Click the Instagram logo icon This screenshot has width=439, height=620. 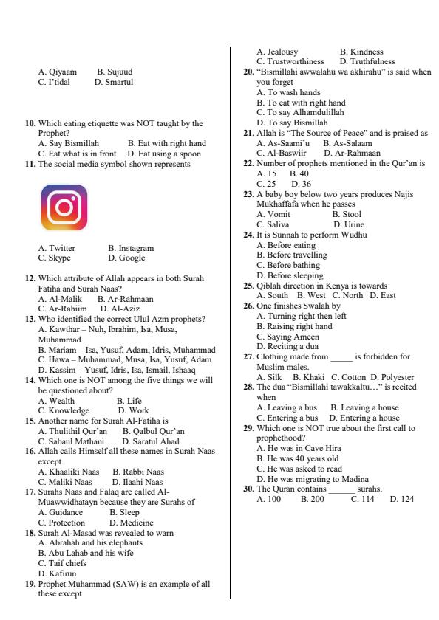[x=63, y=209]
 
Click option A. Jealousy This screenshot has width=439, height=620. [x=276, y=52]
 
